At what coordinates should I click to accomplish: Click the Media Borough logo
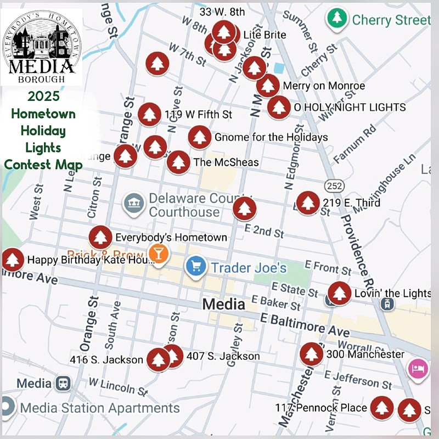42,47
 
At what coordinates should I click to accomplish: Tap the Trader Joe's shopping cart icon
195,267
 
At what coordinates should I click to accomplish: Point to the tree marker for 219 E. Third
307,202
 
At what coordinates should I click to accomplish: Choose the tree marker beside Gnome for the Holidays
200,137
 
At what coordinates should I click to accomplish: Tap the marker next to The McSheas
178,162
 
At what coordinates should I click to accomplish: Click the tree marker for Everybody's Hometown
100,237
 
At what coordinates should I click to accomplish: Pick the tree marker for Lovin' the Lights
339,293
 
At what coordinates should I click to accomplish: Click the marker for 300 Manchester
311,354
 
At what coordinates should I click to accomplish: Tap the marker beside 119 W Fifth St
149,115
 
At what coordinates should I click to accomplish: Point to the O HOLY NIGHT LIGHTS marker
279,107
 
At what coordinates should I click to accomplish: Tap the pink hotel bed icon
418,367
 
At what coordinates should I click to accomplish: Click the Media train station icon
64,383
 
